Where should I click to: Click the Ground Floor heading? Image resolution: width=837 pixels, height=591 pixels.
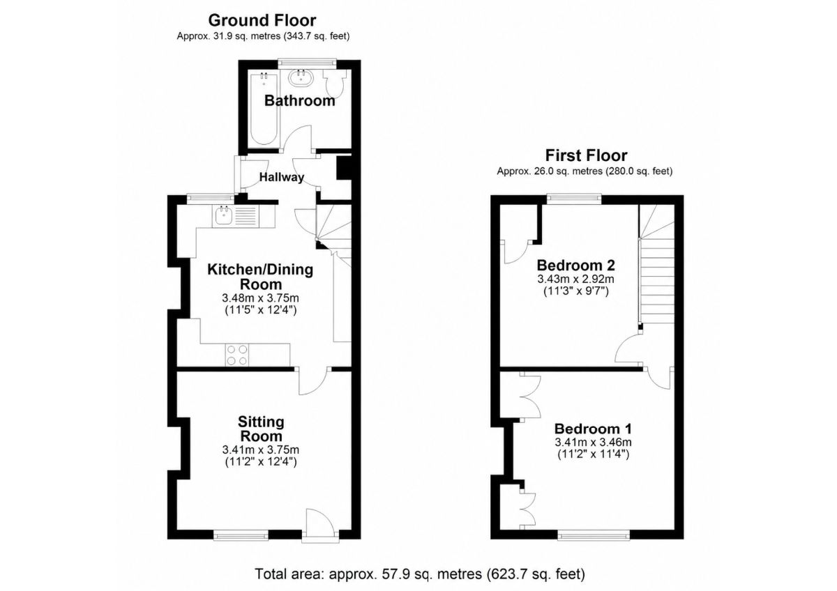pyautogui.click(x=262, y=20)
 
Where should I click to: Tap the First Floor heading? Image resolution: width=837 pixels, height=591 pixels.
pyautogui.click(x=587, y=155)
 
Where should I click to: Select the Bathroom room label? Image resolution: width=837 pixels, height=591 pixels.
pyautogui.click(x=300, y=101)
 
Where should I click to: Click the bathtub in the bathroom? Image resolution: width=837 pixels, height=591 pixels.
pyautogui.click(x=264, y=110)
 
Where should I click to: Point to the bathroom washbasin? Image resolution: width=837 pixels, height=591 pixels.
pyautogui.click(x=301, y=78)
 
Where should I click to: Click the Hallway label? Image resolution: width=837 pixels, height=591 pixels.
pyautogui.click(x=282, y=177)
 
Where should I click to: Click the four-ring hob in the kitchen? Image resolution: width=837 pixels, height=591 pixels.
pyautogui.click(x=237, y=355)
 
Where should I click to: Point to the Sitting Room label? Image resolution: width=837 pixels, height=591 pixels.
pyautogui.click(x=261, y=429)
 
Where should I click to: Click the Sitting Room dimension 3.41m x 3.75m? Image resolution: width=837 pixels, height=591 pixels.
pyautogui.click(x=260, y=450)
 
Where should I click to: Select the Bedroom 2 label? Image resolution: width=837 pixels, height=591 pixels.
pyautogui.click(x=576, y=266)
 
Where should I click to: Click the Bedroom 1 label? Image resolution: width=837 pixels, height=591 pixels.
pyautogui.click(x=593, y=429)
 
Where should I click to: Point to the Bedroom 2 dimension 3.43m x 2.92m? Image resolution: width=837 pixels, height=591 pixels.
pyautogui.click(x=576, y=279)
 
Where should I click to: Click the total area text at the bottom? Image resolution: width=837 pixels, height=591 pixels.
pyautogui.click(x=420, y=574)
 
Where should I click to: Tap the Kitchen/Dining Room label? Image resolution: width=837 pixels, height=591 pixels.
pyautogui.click(x=260, y=277)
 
